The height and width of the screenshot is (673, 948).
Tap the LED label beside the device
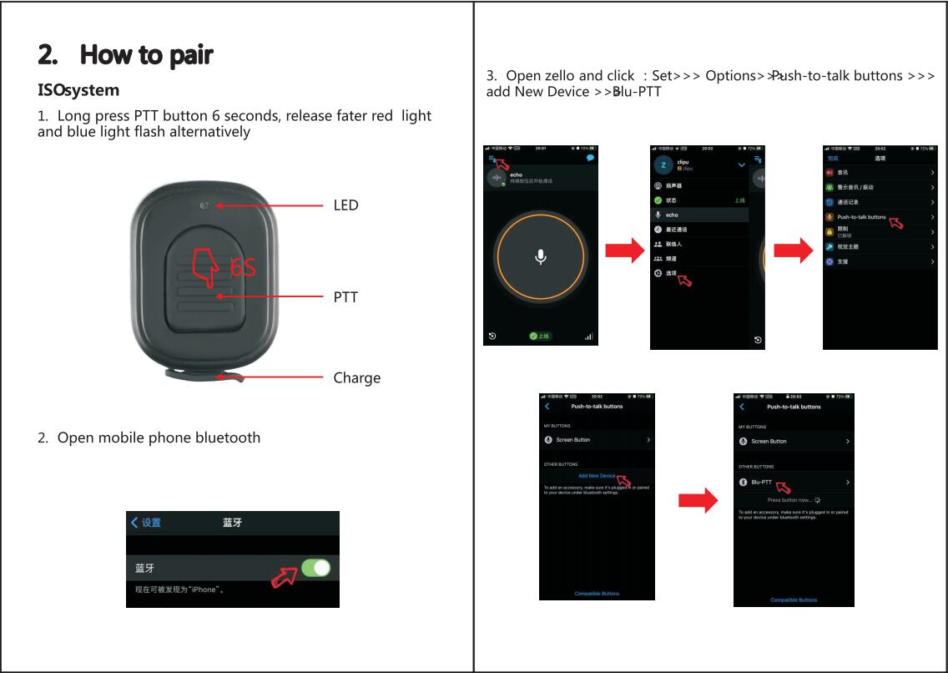coord(345,205)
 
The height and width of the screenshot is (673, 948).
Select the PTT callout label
coord(345,297)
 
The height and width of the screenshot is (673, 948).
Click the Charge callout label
coord(356,378)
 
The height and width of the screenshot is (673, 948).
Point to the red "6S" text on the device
coord(243,267)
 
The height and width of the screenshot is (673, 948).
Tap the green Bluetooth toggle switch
coord(315,568)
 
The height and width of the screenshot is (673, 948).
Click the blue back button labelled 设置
coord(146,523)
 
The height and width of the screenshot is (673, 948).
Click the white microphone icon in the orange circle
coord(541,256)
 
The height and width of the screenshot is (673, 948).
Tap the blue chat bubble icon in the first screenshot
coord(591,157)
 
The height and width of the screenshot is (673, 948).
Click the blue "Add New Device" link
coord(597,476)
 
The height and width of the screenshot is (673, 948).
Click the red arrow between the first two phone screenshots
coord(624,250)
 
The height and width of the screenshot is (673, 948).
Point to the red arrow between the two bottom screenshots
coord(698,500)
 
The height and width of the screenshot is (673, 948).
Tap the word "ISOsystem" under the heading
coord(78,90)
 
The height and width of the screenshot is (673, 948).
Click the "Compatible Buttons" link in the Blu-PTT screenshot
coord(794,600)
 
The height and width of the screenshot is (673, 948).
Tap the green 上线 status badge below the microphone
coord(540,336)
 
